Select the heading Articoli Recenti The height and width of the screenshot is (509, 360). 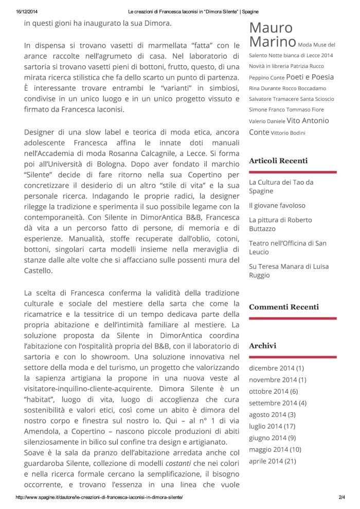278,161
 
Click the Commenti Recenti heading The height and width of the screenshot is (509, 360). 284,307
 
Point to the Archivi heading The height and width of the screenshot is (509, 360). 262,346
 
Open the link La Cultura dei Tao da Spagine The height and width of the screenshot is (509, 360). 281,186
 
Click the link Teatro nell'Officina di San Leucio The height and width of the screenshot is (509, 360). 287,248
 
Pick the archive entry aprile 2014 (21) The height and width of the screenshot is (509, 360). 272,461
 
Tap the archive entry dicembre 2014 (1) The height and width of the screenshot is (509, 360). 277,368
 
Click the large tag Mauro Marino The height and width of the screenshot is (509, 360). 272,34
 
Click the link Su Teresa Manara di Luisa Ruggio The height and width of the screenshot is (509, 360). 289,271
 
